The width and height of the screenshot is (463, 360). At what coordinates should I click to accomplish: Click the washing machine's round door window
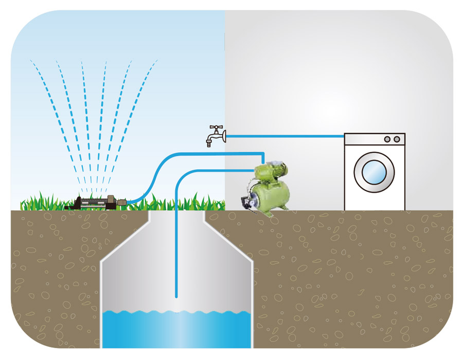click(374, 172)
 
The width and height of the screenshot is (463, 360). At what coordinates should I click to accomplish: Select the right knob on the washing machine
click(397, 139)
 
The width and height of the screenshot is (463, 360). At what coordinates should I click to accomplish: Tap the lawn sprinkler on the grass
click(93, 202)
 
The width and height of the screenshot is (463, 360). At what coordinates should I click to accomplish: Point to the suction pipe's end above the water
click(176, 296)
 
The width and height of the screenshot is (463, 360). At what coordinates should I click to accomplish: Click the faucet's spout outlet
click(209, 144)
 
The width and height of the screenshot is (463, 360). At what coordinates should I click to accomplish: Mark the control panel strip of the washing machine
click(374, 139)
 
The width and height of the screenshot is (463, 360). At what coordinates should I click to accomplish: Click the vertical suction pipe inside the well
click(176, 247)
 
